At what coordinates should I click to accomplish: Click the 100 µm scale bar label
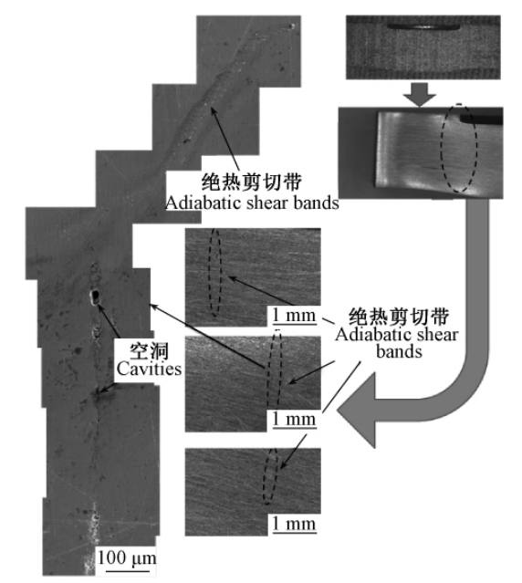pyautogui.click(x=127, y=558)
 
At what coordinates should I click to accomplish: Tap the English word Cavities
pyautogui.click(x=149, y=369)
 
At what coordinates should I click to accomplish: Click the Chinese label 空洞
pyautogui.click(x=149, y=351)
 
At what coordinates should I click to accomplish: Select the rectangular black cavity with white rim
pyautogui.click(x=96, y=297)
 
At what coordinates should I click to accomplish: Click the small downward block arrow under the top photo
pyautogui.click(x=420, y=95)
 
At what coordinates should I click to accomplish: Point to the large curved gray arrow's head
pyautogui.click(x=357, y=411)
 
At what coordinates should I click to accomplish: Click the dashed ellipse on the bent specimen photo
pyautogui.click(x=442, y=148)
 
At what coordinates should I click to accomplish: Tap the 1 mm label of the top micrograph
pyautogui.click(x=294, y=316)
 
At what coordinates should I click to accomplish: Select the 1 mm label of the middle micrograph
pyautogui.click(x=294, y=420)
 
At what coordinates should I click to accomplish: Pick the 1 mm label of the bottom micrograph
pyautogui.click(x=294, y=525)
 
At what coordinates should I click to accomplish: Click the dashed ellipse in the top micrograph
pyautogui.click(x=209, y=274)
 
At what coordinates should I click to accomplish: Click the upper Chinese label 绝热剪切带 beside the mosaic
pyautogui.click(x=252, y=182)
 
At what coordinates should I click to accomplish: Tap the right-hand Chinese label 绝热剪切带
pyautogui.click(x=399, y=317)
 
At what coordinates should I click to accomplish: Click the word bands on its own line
pyautogui.click(x=399, y=351)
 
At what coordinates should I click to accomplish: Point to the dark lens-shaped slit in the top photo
pyautogui.click(x=423, y=26)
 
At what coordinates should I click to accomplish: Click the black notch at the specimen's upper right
pyautogui.click(x=482, y=119)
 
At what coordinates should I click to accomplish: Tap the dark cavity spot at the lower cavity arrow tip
pyautogui.click(x=99, y=393)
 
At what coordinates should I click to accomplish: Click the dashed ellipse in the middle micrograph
pyautogui.click(x=268, y=372)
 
